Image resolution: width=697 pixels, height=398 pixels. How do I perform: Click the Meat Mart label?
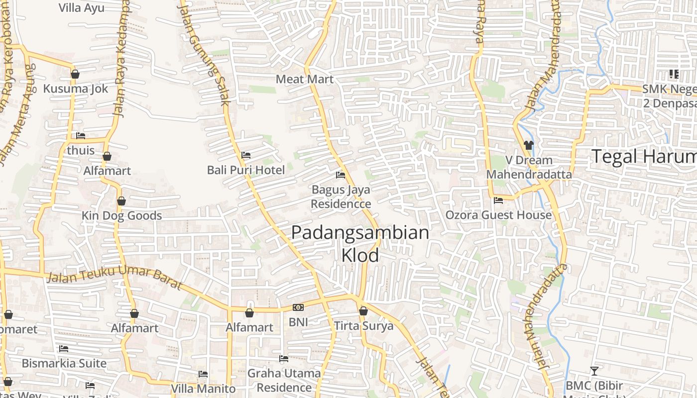click(x=305, y=79)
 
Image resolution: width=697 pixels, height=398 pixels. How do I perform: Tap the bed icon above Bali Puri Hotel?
click(x=246, y=155)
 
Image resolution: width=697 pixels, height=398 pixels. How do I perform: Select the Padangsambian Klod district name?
click(x=360, y=244)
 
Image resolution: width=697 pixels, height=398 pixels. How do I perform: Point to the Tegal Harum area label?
click(x=644, y=157)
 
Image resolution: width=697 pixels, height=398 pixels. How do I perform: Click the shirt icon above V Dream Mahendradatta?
click(x=529, y=145)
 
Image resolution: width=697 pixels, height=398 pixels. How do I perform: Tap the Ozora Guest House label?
click(x=498, y=215)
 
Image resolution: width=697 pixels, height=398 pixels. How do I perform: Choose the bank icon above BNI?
click(x=298, y=307)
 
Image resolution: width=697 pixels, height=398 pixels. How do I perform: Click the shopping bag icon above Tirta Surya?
click(x=363, y=311)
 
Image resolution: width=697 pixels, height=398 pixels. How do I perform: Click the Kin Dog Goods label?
click(x=122, y=215)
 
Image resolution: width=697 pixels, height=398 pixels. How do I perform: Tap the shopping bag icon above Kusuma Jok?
click(x=75, y=74)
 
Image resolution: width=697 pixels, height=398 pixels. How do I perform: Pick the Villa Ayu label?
click(x=81, y=7)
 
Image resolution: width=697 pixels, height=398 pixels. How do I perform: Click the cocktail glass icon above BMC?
click(x=594, y=371)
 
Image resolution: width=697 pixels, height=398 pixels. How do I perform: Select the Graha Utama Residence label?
click(x=284, y=380)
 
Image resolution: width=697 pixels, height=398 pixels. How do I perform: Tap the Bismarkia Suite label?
click(x=64, y=363)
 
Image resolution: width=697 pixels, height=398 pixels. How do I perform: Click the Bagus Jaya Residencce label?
click(x=341, y=197)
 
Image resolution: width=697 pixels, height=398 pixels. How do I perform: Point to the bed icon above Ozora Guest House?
click(x=498, y=200)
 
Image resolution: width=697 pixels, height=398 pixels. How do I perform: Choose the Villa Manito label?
click(x=203, y=389)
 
